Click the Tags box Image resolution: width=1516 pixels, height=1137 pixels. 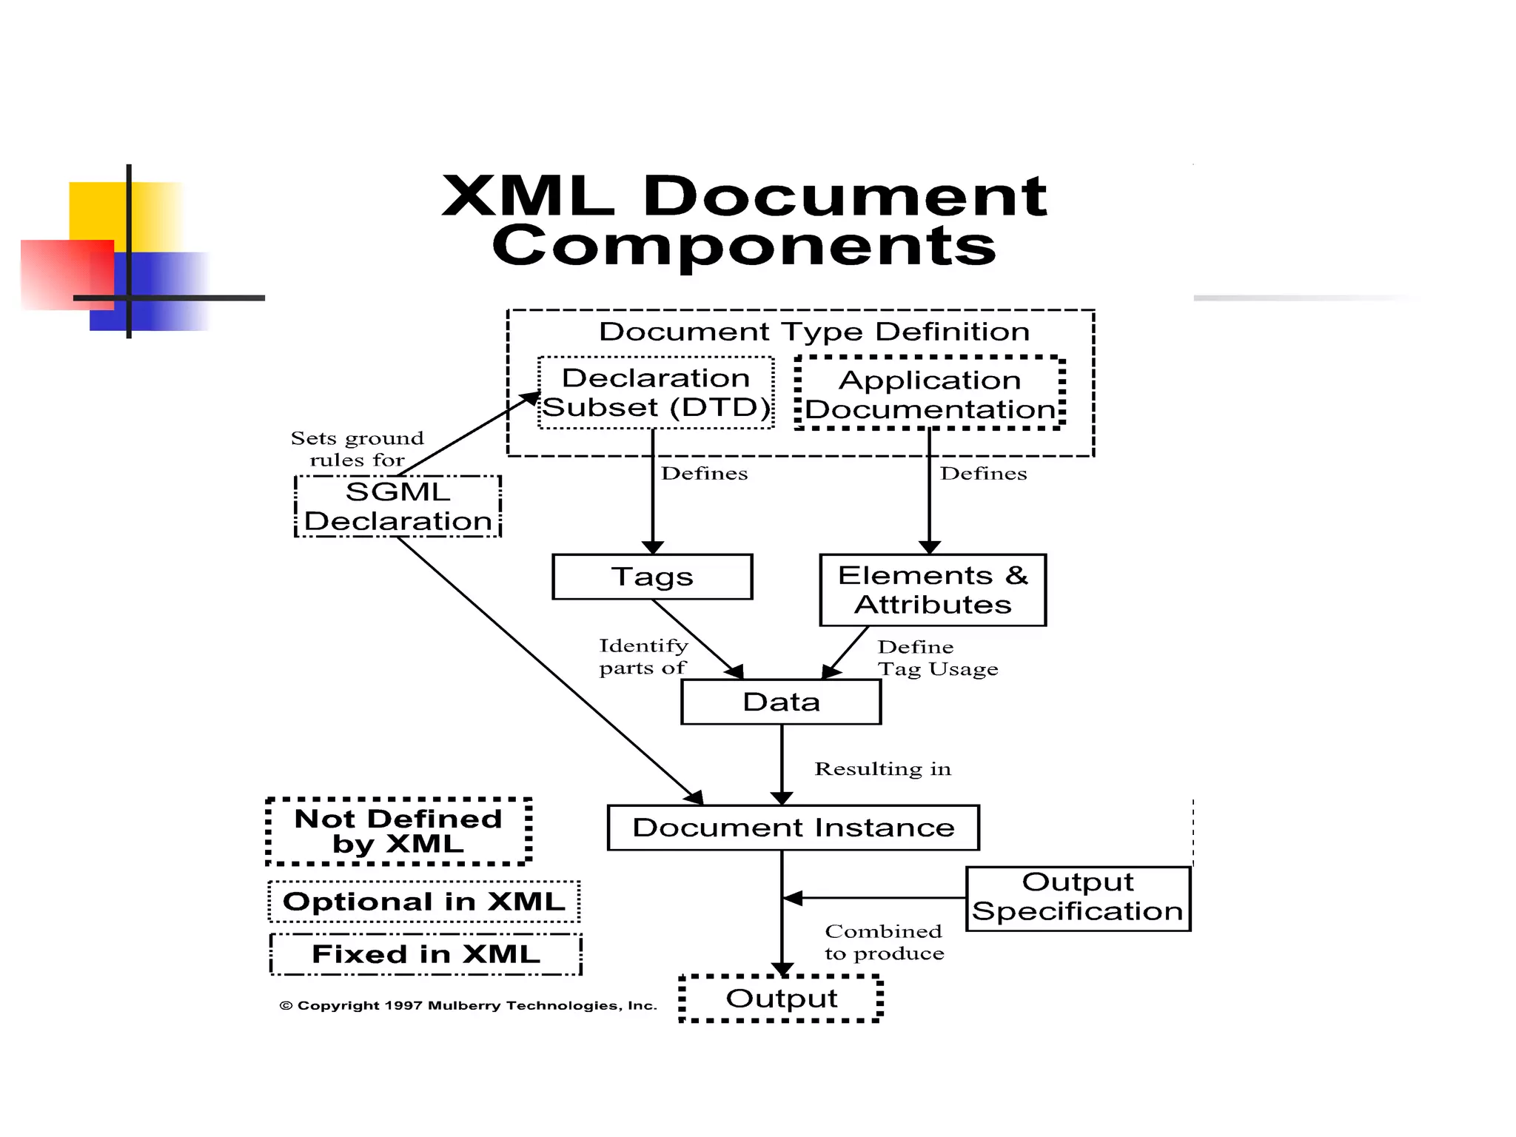click(652, 577)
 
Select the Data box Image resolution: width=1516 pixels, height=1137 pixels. click(781, 702)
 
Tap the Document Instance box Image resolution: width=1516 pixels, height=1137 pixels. click(793, 828)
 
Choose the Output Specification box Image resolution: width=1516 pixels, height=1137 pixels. click(1078, 898)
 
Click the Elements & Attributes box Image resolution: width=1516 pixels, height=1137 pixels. click(933, 590)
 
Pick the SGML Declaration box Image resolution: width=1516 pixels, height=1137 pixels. click(398, 506)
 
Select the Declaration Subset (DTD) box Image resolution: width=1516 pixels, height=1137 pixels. click(656, 393)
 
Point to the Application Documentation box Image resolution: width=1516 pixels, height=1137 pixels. click(930, 394)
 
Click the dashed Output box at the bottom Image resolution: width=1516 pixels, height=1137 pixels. click(781, 999)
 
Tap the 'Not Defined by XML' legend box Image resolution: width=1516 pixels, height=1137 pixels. click(398, 831)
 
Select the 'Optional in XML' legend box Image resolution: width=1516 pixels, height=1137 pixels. click(424, 902)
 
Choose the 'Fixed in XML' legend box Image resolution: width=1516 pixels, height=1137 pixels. click(426, 954)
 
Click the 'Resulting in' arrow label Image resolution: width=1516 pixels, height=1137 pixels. click(882, 769)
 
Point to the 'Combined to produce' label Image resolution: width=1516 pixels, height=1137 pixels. click(884, 942)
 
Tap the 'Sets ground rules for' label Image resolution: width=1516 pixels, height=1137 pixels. click(357, 449)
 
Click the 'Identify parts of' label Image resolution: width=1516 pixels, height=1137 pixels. click(643, 657)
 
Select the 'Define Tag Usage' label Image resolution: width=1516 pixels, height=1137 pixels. click(937, 658)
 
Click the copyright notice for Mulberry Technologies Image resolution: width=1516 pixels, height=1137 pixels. click(468, 1005)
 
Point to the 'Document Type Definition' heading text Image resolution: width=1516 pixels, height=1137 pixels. click(814, 332)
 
